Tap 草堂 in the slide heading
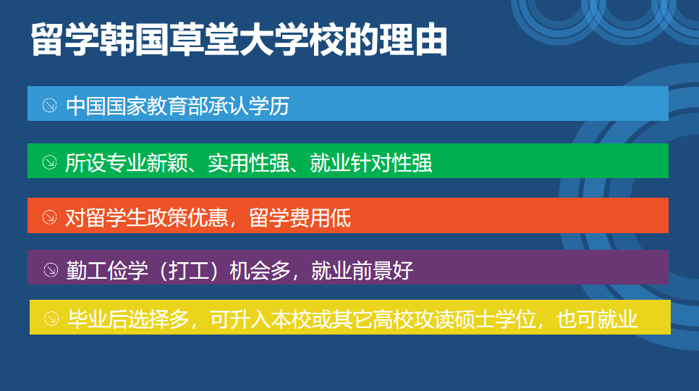pos(203,40)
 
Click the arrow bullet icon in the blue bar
pos(49,106)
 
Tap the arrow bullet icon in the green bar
pos(49,162)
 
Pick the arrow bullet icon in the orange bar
pos(49,217)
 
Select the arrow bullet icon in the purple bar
pos(51,270)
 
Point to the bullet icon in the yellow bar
pos(51,319)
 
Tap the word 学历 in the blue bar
pos(269,106)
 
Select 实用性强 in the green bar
pos(249,163)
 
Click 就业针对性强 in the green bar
pos(371,163)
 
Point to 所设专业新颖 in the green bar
pos(126,163)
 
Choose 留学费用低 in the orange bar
pos(300,218)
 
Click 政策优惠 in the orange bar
pos(187,218)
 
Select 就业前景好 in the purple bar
pos(362,271)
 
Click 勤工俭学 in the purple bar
pos(107,271)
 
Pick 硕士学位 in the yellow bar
pos(495,319)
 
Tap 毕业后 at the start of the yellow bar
pos(98,319)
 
